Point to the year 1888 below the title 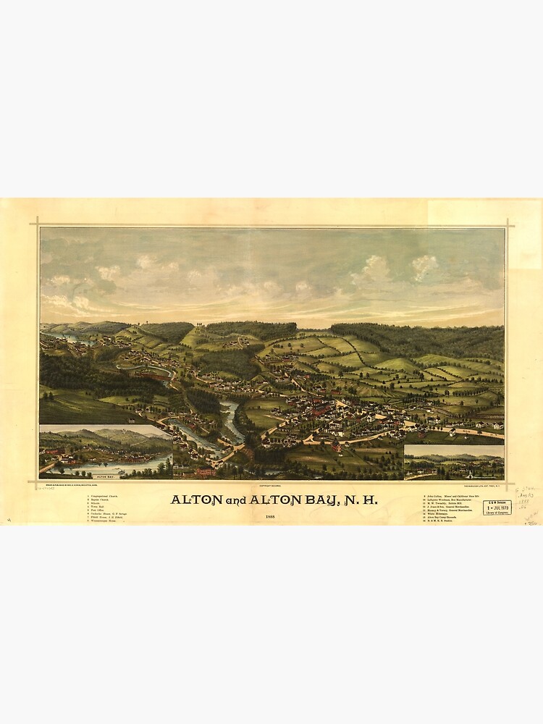click(x=270, y=516)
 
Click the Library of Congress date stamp click(x=497, y=508)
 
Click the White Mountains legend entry click(x=440, y=514)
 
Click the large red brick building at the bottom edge click(x=205, y=471)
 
